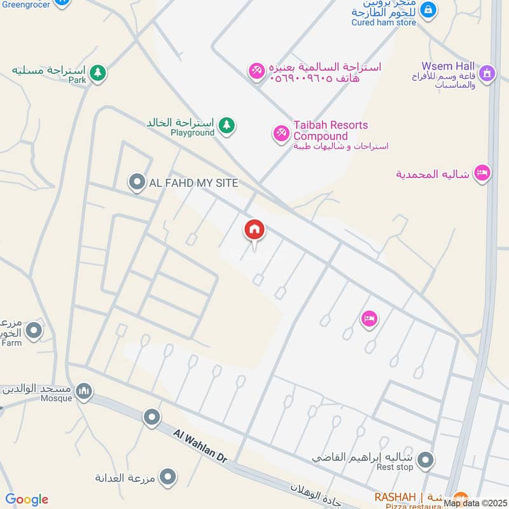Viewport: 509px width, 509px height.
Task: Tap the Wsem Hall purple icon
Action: [x=487, y=74]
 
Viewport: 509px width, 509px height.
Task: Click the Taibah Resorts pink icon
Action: [x=281, y=133]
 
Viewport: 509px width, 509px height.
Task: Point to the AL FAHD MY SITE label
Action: [x=193, y=183]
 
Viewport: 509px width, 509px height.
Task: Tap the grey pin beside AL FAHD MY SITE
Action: [x=136, y=183]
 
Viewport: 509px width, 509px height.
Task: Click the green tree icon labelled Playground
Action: [x=226, y=126]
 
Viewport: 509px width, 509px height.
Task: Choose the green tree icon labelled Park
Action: [x=97, y=74]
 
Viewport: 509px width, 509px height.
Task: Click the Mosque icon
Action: [x=83, y=390]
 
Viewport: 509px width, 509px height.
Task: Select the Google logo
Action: [x=27, y=499]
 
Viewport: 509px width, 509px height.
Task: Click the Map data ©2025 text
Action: [x=475, y=503]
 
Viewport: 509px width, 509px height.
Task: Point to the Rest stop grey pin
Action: [x=426, y=459]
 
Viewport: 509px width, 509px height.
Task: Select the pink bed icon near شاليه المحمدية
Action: [x=482, y=173]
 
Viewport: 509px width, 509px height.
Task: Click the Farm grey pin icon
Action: [x=34, y=330]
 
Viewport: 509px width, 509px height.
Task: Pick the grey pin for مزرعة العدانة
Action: [x=167, y=476]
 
